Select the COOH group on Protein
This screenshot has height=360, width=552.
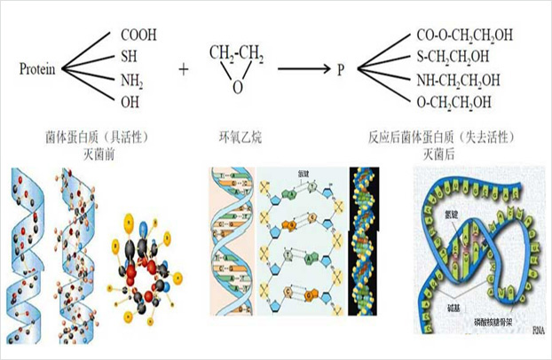138,35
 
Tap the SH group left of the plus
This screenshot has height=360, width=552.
129,57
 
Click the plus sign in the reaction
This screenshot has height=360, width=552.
184,67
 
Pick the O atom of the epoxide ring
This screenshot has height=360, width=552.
236,88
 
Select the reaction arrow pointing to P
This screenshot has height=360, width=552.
303,67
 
